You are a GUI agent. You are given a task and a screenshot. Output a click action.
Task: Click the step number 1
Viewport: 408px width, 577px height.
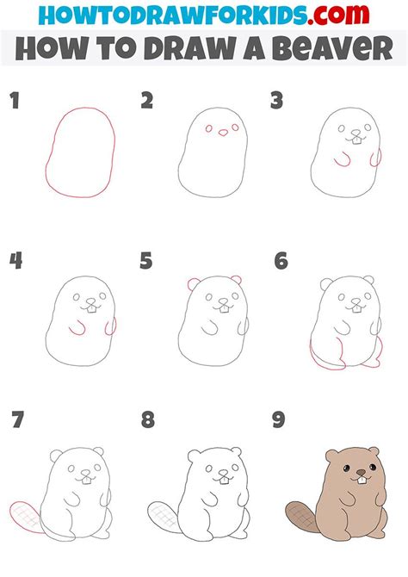point(15,101)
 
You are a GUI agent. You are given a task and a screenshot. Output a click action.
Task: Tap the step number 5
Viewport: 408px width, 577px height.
point(146,261)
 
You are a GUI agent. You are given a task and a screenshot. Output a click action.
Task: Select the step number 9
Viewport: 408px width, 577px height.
point(279,419)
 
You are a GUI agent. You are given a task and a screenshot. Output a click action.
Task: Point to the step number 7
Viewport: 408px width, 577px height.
point(17,419)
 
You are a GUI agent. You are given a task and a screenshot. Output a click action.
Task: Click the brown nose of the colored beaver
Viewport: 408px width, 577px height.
point(361,472)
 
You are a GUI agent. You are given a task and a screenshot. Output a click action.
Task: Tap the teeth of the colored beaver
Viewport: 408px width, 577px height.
point(362,481)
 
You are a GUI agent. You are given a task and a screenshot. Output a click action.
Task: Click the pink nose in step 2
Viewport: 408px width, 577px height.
point(223,133)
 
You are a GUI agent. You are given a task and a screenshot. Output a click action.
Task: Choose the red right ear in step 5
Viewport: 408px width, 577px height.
point(238,279)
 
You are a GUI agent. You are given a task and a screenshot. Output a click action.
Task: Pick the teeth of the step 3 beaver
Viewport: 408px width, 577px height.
point(356,140)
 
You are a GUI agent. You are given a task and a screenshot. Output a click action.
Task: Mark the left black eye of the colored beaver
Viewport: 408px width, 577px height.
point(347,468)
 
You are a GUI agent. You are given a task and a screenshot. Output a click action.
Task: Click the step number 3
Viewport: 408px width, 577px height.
point(276,101)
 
